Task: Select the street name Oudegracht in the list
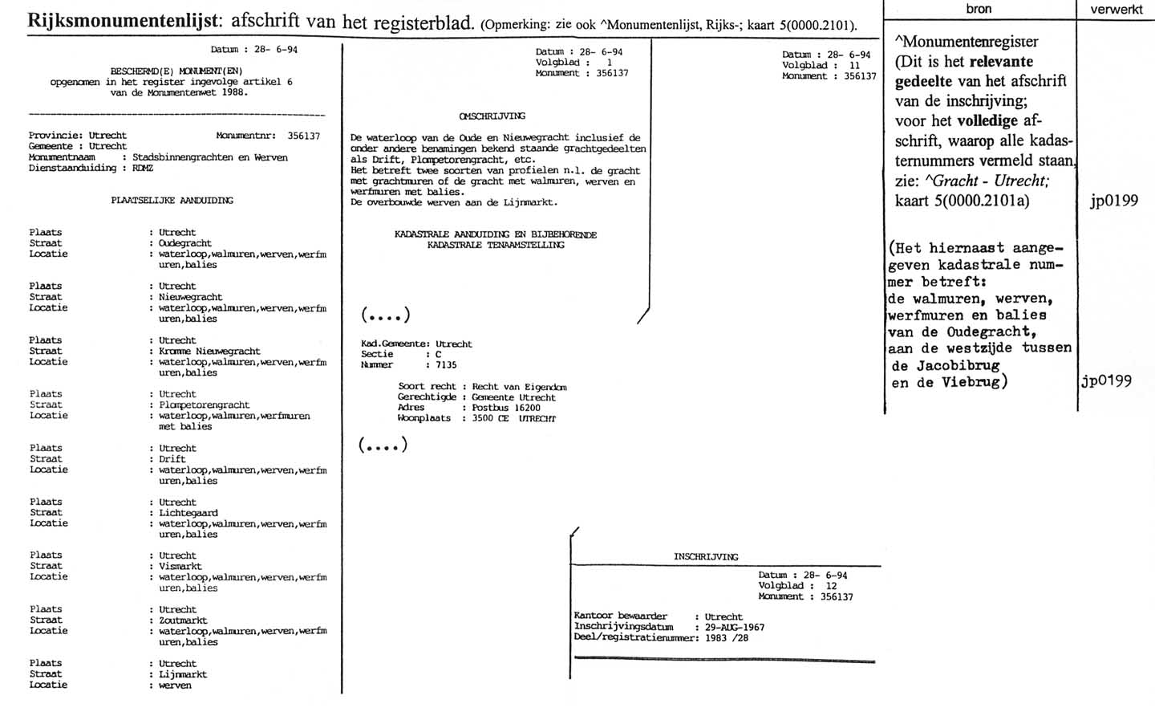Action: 185,243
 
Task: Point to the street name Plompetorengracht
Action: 204,405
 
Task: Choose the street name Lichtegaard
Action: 188,512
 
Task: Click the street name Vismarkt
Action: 180,566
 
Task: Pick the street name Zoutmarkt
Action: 183,620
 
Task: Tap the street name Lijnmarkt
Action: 183,674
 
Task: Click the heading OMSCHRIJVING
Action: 492,116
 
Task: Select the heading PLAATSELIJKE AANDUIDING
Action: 172,201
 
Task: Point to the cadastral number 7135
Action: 446,365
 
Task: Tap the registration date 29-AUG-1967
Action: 735,627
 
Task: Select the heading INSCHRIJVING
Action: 706,556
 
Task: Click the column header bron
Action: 979,9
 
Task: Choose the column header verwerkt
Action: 1116,10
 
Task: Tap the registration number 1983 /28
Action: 727,637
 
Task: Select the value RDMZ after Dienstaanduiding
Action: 143,168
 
